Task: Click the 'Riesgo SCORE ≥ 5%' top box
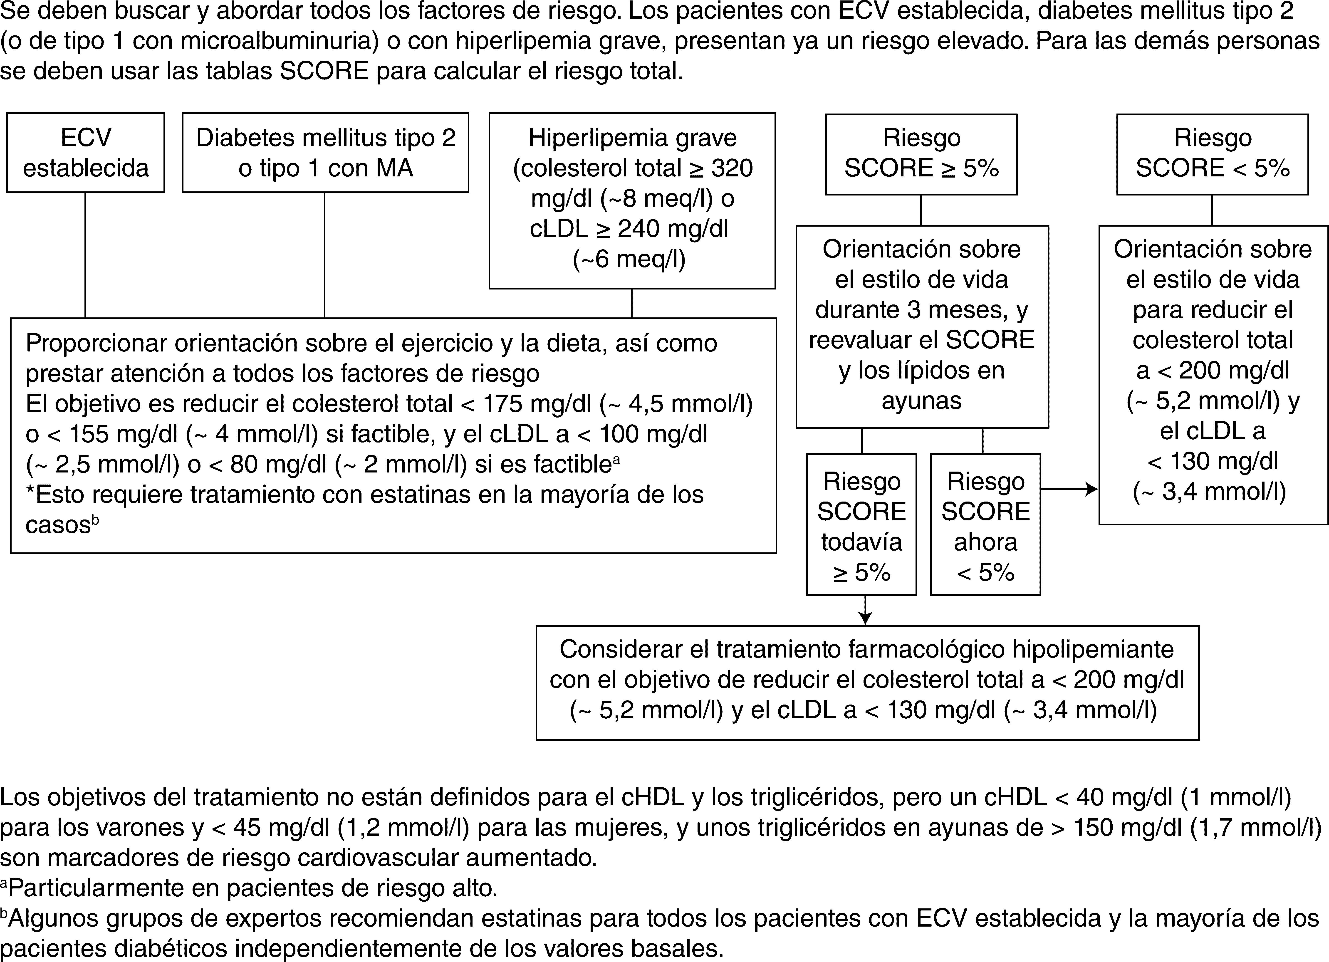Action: tap(921, 153)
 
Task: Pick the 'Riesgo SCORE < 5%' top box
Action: tap(1212, 153)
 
